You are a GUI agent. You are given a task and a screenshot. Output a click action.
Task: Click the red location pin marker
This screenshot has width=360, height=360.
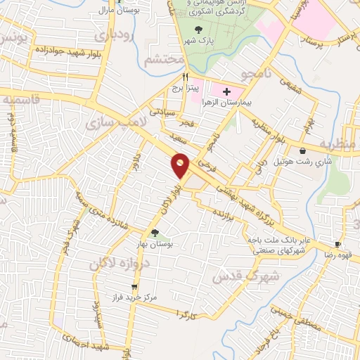pos(181,166)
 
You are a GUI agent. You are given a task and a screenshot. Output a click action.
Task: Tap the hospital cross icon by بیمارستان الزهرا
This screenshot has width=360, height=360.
pos(227,91)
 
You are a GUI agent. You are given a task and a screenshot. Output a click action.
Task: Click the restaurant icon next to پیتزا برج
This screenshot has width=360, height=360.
pos(186,77)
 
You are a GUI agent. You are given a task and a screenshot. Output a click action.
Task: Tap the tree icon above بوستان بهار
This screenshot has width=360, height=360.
pos(155,233)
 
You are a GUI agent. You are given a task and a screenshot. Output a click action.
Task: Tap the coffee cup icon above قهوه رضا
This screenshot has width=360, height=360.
pos(338,245)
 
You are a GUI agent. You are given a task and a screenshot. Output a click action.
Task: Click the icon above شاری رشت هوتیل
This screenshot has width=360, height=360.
pos(302,150)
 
